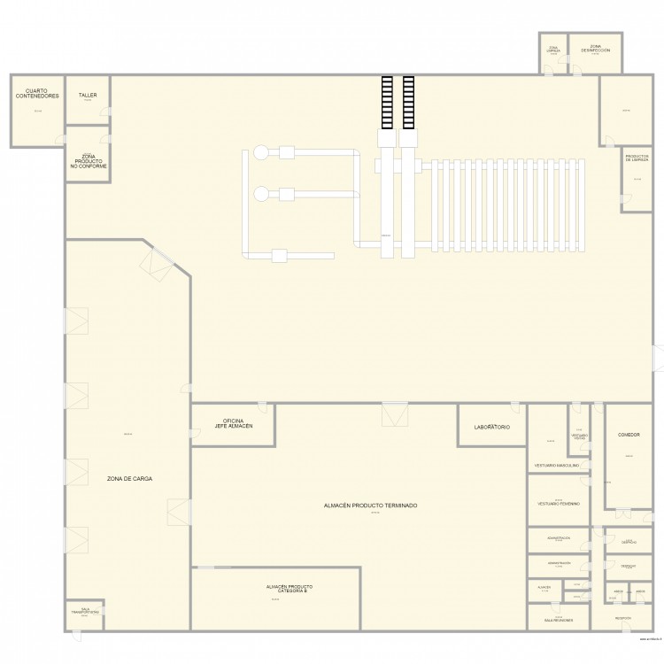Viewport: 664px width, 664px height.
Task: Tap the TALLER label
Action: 87,95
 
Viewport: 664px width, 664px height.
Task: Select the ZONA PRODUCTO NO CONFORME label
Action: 88,160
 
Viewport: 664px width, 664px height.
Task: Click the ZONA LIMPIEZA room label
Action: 553,50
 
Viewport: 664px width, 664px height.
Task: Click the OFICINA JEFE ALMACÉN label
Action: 233,423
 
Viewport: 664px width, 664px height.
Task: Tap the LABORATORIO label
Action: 491,428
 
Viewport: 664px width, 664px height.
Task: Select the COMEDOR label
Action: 629,435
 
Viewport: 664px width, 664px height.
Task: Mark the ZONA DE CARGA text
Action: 129,478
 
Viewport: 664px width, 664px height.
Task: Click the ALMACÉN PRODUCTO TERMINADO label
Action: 370,506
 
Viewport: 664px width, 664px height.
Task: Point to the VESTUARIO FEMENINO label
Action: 558,504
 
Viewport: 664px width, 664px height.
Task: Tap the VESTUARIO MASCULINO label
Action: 557,465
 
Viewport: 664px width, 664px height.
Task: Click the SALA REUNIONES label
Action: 558,620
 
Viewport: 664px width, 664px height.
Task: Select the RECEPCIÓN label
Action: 622,619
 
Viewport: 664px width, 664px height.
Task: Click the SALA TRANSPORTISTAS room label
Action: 85,610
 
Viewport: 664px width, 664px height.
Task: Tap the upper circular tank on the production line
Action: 261,153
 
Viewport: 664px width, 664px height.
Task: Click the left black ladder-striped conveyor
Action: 387,103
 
